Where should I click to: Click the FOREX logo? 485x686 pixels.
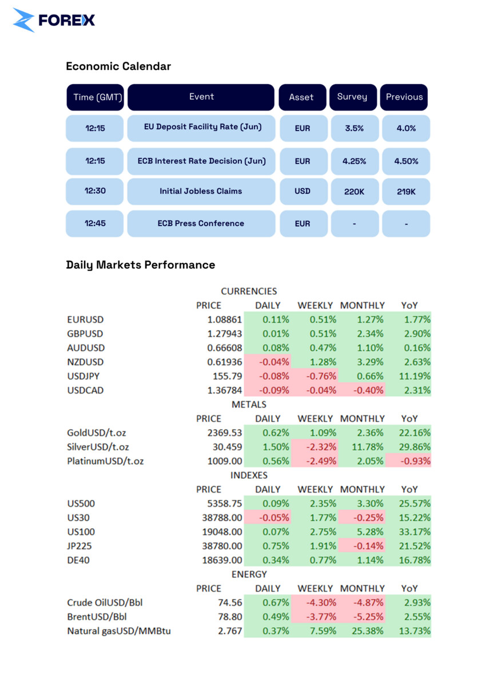tap(54, 20)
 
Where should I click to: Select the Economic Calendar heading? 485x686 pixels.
tap(118, 66)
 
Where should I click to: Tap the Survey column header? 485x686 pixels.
tap(352, 97)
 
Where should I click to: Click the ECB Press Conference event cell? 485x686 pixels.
tap(201, 223)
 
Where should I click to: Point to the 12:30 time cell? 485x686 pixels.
tap(95, 191)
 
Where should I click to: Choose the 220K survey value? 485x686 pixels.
tap(354, 192)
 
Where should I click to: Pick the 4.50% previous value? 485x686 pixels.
tap(406, 161)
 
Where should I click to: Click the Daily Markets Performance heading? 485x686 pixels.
tap(141, 265)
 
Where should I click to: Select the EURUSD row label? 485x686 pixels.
tap(85, 320)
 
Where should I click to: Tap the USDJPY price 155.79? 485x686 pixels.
tap(228, 376)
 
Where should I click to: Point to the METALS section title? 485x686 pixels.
tap(249, 405)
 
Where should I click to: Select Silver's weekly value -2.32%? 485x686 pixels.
tap(315, 447)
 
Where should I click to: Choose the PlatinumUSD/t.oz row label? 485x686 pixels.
tap(105, 461)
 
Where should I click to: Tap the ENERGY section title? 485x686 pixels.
tap(249, 574)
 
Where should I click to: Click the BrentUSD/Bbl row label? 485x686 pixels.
tap(97, 617)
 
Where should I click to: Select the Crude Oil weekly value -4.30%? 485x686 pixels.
tap(315, 602)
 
